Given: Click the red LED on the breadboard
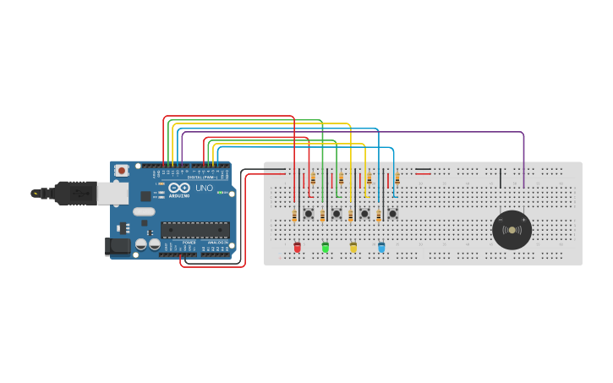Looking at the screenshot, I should (297, 247).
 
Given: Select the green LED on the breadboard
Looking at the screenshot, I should (325, 247).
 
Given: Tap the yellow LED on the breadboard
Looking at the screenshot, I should (353, 247).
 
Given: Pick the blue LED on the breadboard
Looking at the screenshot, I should (381, 247).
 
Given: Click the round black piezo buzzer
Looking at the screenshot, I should (512, 230).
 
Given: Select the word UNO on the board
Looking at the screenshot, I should (204, 188).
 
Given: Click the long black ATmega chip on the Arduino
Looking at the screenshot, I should (195, 229).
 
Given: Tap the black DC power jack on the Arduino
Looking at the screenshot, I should (116, 246).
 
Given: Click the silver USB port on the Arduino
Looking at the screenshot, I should (111, 194).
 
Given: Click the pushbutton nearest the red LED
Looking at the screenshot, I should (309, 214).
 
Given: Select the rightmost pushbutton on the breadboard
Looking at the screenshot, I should (392, 214).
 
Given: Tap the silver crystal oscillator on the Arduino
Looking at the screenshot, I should (144, 211).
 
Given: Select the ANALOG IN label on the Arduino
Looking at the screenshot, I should (218, 242).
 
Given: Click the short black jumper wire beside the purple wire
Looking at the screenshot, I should (501, 178).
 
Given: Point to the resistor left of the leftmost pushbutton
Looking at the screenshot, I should (294, 216).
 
